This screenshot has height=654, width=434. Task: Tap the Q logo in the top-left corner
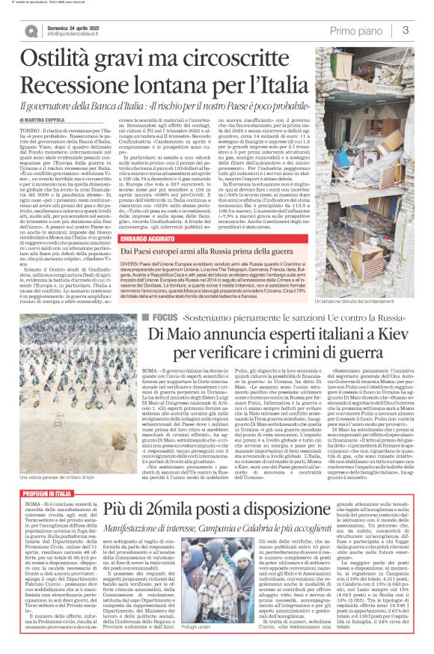(x=31, y=31)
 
